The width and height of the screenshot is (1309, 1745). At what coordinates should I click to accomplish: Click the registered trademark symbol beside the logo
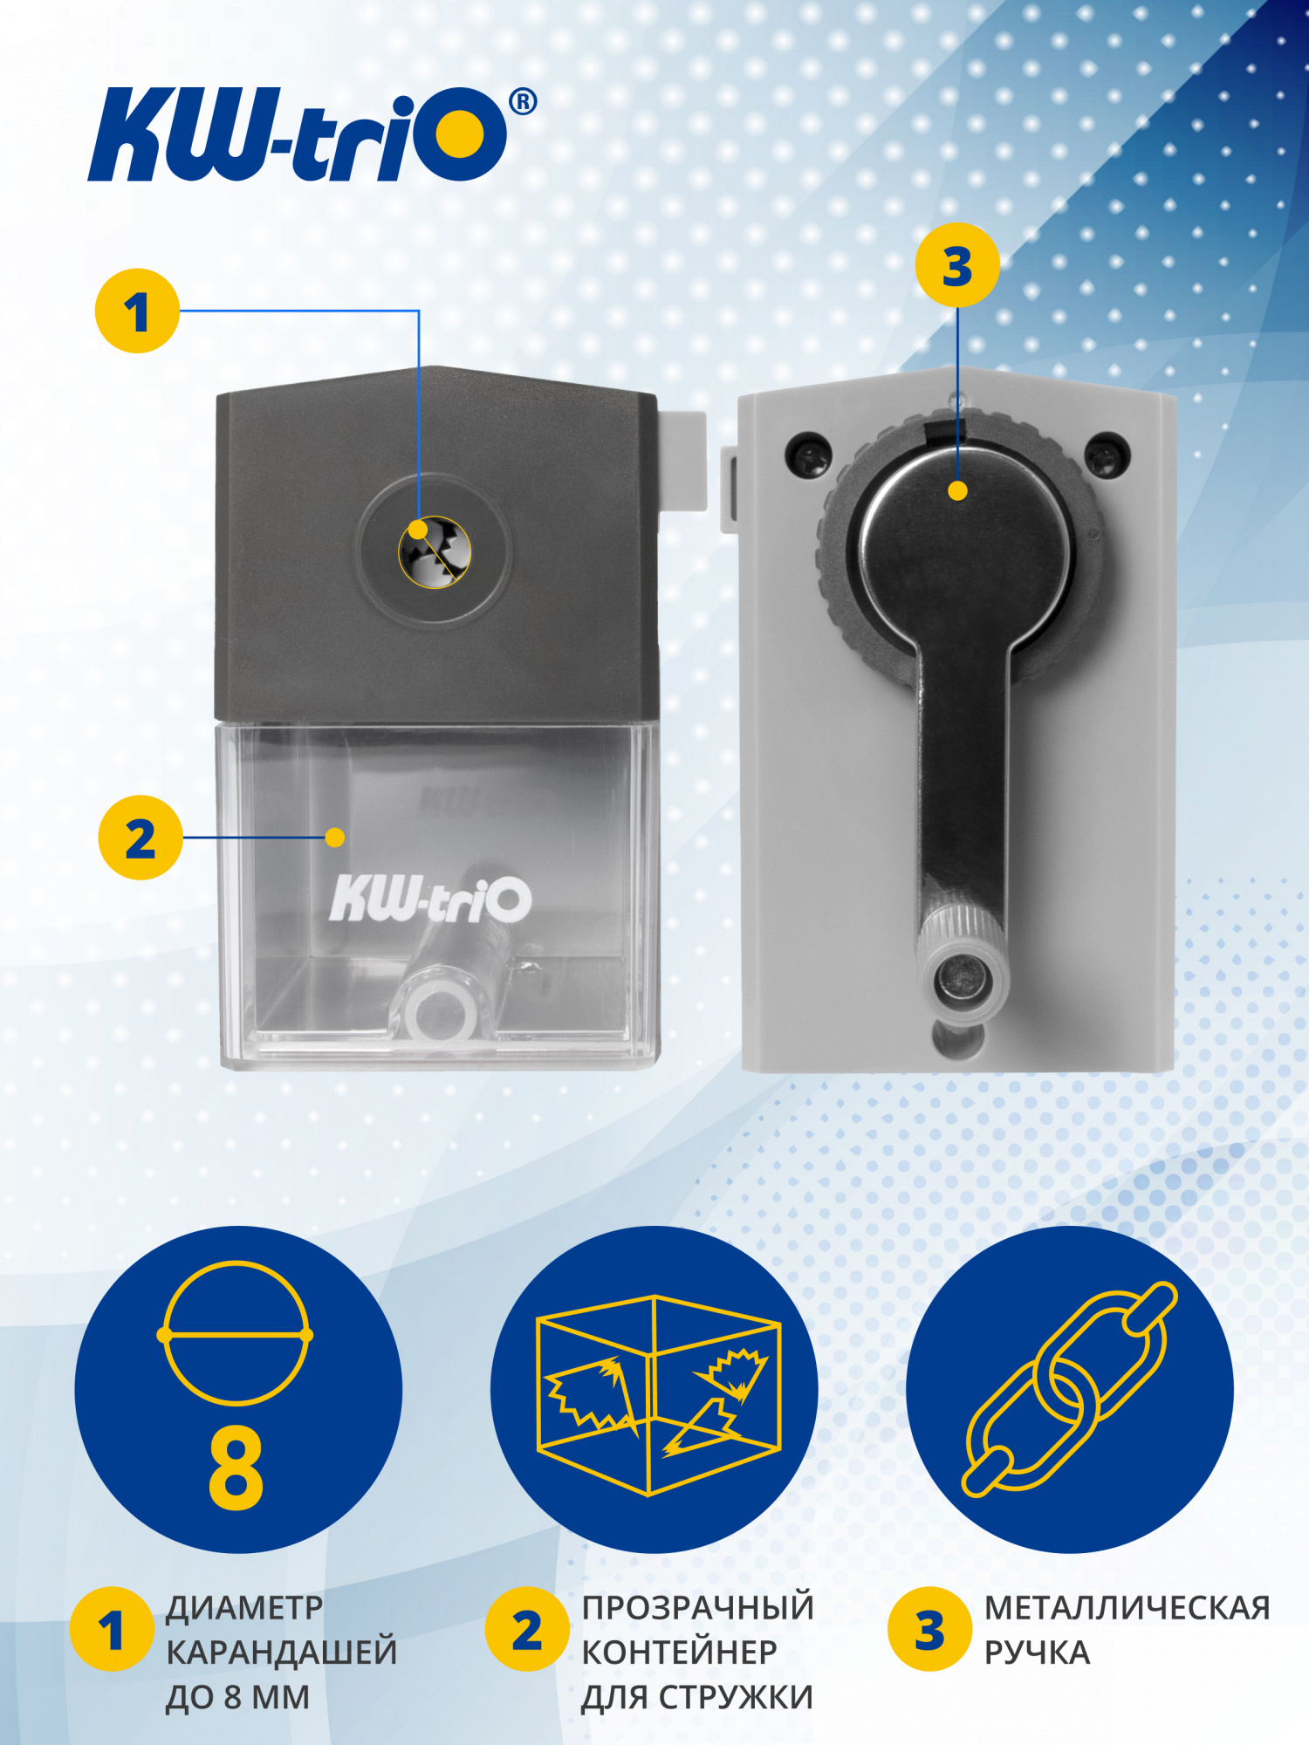(x=523, y=102)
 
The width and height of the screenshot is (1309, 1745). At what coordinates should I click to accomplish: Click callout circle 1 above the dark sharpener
(x=137, y=311)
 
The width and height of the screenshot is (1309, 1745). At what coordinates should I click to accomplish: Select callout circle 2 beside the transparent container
(x=140, y=838)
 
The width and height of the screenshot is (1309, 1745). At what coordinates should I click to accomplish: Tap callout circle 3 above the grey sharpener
(x=957, y=265)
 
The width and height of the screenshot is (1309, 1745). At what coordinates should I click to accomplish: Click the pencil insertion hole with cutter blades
(x=435, y=551)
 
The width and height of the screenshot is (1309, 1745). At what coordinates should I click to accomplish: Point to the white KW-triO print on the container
(x=430, y=898)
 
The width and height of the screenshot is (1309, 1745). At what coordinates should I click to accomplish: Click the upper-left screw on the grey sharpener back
(x=809, y=454)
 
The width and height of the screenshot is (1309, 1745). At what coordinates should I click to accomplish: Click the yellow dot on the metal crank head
(x=957, y=490)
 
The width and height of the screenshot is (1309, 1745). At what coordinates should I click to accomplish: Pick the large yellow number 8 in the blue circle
(x=236, y=1468)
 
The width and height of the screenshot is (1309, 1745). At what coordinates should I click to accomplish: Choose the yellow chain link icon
(x=1070, y=1389)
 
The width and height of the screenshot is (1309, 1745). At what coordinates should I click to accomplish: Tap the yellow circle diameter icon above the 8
(x=235, y=1334)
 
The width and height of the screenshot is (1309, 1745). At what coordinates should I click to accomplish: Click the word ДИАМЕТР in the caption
(x=244, y=1608)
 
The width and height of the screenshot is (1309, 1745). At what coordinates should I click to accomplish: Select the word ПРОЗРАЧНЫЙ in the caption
(x=698, y=1607)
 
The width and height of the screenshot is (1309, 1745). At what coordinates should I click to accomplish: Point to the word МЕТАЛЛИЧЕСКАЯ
(x=1127, y=1608)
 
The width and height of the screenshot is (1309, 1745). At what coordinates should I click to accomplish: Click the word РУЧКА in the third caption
(x=1038, y=1653)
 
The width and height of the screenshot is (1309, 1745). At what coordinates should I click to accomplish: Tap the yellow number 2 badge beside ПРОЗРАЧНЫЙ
(x=527, y=1629)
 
